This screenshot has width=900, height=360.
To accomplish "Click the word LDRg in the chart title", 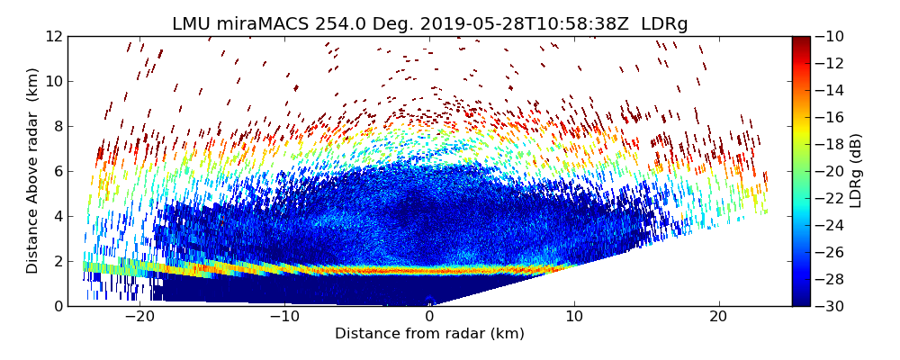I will pyautogui.click(x=664, y=24).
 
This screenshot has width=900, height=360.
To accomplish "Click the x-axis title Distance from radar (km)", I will pyautogui.click(x=429, y=334).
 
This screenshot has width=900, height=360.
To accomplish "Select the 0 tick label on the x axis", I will pyautogui.click(x=429, y=317).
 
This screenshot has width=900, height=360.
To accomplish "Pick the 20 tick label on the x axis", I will pyautogui.click(x=718, y=317).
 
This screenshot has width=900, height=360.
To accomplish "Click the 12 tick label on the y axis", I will pyautogui.click(x=52, y=37).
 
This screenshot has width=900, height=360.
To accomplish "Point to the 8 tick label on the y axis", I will pyautogui.click(x=56, y=127).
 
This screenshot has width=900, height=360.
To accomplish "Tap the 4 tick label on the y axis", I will pyautogui.click(x=56, y=217).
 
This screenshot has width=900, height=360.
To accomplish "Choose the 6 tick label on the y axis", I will pyautogui.click(x=56, y=172).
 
